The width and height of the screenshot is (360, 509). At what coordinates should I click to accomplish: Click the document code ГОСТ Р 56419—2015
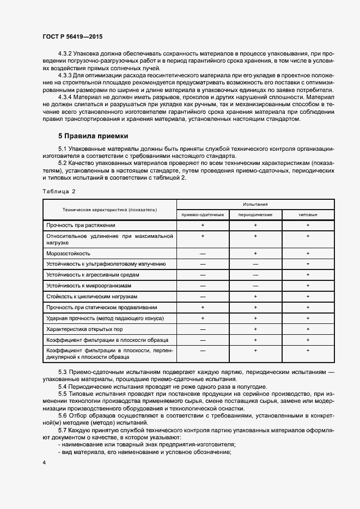coord(72,36)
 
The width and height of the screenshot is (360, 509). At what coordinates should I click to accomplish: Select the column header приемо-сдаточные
coord(203,214)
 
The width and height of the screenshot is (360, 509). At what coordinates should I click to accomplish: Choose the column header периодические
coord(255,214)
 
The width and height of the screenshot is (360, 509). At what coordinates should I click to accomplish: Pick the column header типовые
coord(308,214)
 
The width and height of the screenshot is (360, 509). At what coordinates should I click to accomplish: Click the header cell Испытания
coord(255,204)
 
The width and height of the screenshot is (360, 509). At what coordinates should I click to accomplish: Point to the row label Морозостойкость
coord(69,254)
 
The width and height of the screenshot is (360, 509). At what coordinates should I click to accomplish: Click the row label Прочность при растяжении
coord(81,225)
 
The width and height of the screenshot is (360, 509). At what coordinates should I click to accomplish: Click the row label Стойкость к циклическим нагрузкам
coord(91,297)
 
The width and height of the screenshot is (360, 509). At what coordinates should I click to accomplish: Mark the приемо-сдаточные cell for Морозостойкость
coord(203,254)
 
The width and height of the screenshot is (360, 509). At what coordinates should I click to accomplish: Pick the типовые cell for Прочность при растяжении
coord(308,225)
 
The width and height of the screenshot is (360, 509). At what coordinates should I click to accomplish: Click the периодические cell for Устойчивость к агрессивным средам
coord(255,275)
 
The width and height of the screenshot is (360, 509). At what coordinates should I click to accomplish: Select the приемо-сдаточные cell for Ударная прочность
coord(203,318)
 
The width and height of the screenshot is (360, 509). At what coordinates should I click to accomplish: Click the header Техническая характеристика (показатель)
coord(109,209)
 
